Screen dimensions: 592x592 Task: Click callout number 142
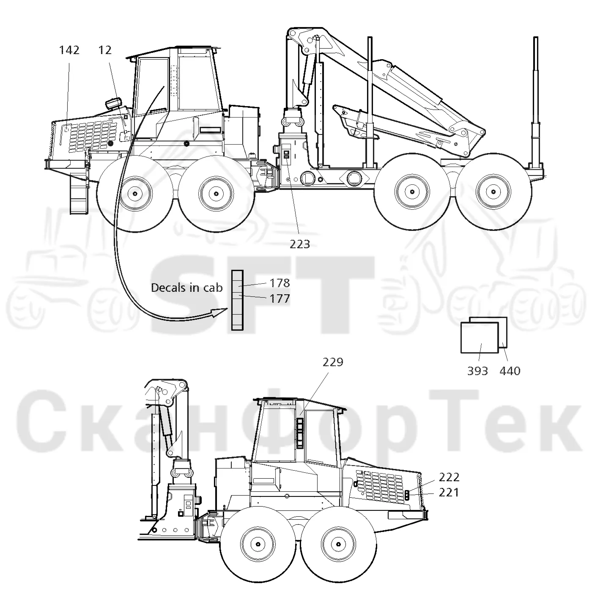click(69, 50)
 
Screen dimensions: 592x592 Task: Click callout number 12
click(105, 50)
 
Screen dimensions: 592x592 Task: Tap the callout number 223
click(300, 244)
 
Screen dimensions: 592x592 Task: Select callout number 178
click(280, 282)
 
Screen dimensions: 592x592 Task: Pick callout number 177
click(280, 298)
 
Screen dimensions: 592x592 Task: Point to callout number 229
click(333, 362)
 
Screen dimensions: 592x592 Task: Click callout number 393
click(477, 371)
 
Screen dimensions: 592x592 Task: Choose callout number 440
click(510, 371)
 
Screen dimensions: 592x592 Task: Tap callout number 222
click(449, 477)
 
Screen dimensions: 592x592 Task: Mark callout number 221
click(449, 493)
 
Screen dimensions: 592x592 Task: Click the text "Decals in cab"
click(186, 288)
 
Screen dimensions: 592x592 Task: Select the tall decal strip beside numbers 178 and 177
click(237, 300)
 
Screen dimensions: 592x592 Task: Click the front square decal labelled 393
click(480, 338)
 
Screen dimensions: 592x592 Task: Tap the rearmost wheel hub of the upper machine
click(493, 192)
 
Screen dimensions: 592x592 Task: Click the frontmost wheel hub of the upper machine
click(135, 194)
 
